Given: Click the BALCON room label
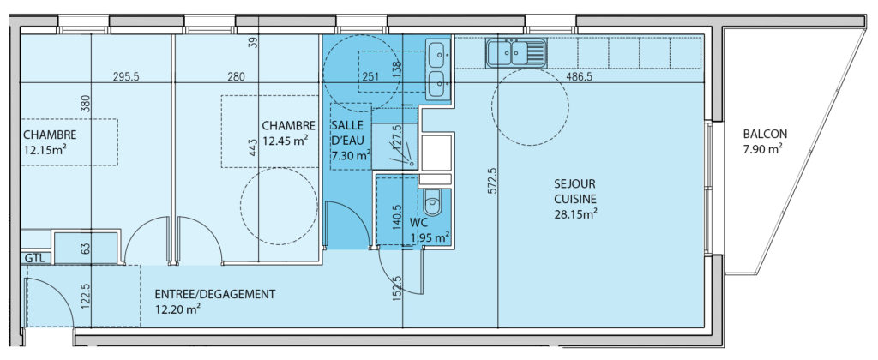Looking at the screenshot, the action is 765,135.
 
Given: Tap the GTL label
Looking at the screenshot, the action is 34,258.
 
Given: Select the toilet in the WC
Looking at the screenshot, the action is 433,201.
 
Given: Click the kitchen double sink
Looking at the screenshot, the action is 516,53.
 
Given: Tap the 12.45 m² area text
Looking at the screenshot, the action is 285,141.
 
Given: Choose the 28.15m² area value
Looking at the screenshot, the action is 576,213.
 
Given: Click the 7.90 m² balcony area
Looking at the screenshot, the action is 762,149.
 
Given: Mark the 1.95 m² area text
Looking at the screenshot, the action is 430,238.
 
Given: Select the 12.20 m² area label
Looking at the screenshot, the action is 178,308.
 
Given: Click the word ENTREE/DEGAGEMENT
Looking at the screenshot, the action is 215,293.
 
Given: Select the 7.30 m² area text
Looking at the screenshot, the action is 352,154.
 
